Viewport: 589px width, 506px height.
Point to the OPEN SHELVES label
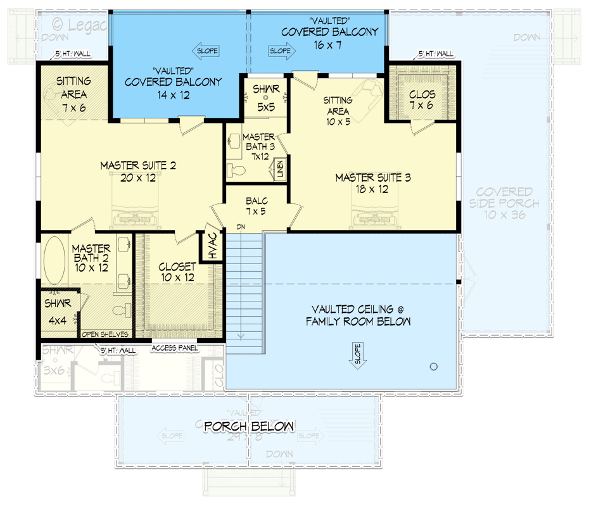tap(106, 334)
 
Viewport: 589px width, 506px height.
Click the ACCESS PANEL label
tap(175, 348)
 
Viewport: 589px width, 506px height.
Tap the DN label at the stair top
tap(241, 226)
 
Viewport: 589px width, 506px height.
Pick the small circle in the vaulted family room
tap(434, 366)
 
